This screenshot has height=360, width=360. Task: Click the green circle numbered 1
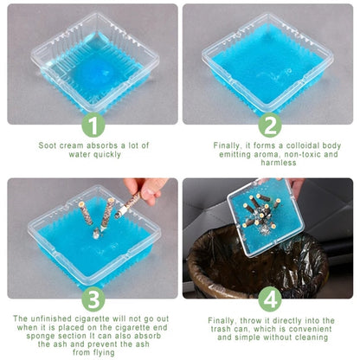point(93,125)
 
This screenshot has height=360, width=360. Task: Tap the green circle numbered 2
point(270,125)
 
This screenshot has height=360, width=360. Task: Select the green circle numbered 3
point(93,299)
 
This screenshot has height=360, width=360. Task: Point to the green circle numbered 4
point(270,299)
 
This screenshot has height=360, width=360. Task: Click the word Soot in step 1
point(48,145)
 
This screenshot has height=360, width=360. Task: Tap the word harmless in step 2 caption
point(279,163)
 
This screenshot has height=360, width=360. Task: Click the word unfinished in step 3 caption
point(51,318)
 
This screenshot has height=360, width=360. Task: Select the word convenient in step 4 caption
point(311,329)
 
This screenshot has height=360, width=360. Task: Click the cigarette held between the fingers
point(127,205)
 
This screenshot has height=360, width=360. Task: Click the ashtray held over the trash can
point(266,217)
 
